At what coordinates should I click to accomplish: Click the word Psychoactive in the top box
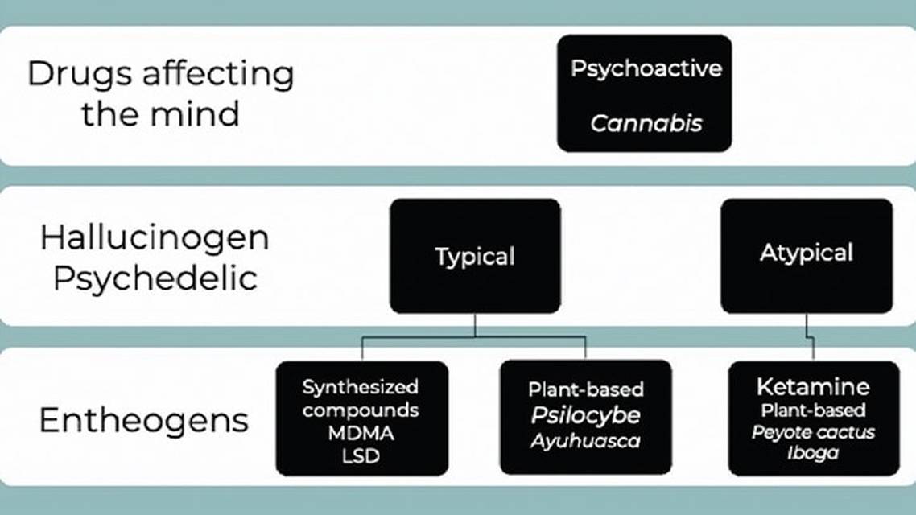coord(646,68)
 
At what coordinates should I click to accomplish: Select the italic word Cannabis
coord(646,123)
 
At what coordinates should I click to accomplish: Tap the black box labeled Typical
coord(475,256)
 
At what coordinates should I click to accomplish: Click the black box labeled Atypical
coord(806,253)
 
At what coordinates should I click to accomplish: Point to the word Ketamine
coord(813,386)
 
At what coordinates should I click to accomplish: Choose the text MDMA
coord(361,433)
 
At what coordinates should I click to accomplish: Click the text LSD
coord(361,456)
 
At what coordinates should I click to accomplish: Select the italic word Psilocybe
coord(585,415)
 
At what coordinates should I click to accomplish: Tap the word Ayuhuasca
coord(585,440)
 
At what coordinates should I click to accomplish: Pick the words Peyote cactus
coord(813,432)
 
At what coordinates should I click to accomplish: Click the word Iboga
coord(813,453)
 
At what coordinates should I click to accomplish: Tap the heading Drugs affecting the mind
coord(161,93)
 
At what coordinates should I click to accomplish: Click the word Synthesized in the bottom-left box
coord(361,387)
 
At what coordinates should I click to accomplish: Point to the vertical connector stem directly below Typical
coord(475,325)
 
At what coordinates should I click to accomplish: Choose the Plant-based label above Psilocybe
coord(585,390)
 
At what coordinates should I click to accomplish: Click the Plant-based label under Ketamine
coord(813,410)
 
